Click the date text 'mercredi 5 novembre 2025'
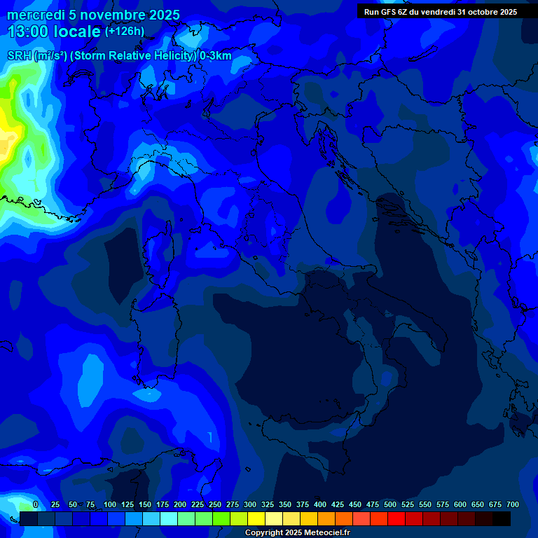(93, 15)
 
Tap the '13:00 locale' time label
(54, 32)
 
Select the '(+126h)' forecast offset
(125, 31)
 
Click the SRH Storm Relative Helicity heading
(119, 56)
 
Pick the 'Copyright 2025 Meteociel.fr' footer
(297, 532)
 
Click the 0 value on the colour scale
(35, 504)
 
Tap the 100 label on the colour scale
(110, 504)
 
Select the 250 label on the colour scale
(215, 504)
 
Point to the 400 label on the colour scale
(320, 504)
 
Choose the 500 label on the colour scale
(390, 504)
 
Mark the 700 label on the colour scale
(513, 504)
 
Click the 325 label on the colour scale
(268, 504)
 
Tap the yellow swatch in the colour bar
(256, 518)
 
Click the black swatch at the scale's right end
(502, 518)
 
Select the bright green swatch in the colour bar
(221, 518)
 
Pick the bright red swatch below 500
(396, 518)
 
